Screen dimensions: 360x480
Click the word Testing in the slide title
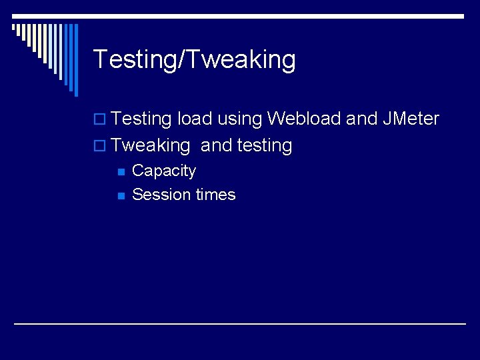point(131,60)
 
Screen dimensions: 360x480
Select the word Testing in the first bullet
point(142,119)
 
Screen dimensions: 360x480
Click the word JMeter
point(411,119)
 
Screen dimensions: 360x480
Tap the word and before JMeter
point(362,119)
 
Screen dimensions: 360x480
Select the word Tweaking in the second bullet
point(151,146)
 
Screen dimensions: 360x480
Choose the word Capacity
point(164,171)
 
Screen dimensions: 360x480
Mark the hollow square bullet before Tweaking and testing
point(101,146)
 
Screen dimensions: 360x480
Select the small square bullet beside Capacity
point(121,172)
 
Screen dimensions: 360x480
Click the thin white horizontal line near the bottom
point(240,323)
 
